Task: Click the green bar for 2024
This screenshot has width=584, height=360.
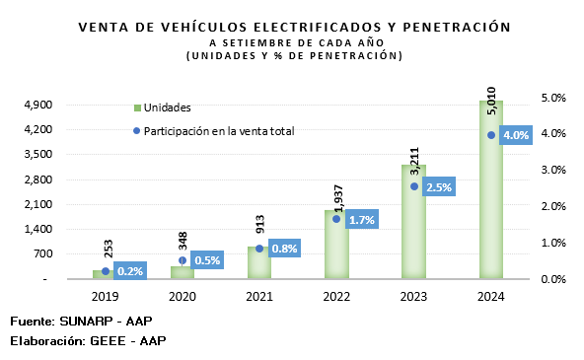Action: [x=491, y=189]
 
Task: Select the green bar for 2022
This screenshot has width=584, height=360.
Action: [x=336, y=245]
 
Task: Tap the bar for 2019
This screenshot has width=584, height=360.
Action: [x=104, y=274]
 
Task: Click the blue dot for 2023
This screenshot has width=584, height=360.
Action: [x=414, y=186]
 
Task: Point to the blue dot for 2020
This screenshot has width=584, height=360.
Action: [x=182, y=260]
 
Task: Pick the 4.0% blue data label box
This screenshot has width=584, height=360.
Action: [x=516, y=135]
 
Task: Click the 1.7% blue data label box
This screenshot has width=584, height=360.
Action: [x=362, y=220]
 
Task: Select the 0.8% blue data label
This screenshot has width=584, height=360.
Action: [x=284, y=249]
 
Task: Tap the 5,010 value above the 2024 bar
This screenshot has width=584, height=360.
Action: [x=491, y=101]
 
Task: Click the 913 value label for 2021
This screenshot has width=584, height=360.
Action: [x=260, y=224]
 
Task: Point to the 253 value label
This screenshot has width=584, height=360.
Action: [x=109, y=249]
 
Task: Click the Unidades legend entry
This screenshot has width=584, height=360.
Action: [x=163, y=108]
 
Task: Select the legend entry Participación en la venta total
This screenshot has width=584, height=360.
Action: [x=214, y=131]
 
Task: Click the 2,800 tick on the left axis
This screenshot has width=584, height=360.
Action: [x=38, y=180]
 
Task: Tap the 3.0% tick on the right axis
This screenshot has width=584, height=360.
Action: [x=553, y=170]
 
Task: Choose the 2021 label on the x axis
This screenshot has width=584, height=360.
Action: [x=259, y=297]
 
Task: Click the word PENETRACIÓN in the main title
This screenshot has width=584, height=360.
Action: [x=457, y=28]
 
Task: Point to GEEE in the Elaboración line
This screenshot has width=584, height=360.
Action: [x=108, y=341]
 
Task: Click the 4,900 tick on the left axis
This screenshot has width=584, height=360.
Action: [x=38, y=105]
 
